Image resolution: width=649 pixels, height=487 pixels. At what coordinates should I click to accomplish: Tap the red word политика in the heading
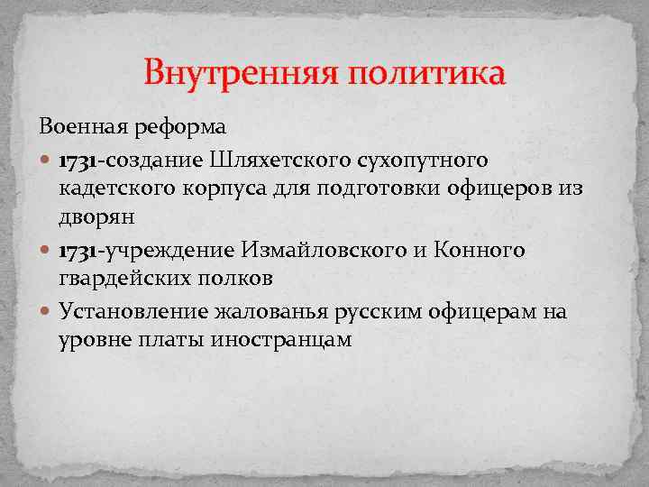[x=425, y=72]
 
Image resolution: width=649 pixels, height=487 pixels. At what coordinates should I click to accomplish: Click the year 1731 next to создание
[x=79, y=161]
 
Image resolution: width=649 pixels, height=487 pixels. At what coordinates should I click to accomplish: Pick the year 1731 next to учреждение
[x=79, y=250]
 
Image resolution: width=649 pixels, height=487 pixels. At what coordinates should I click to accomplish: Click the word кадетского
[x=116, y=190]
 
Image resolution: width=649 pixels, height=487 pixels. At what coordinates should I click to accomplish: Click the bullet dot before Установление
[x=46, y=311]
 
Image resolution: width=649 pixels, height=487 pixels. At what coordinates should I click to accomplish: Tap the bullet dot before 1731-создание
[x=46, y=161]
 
